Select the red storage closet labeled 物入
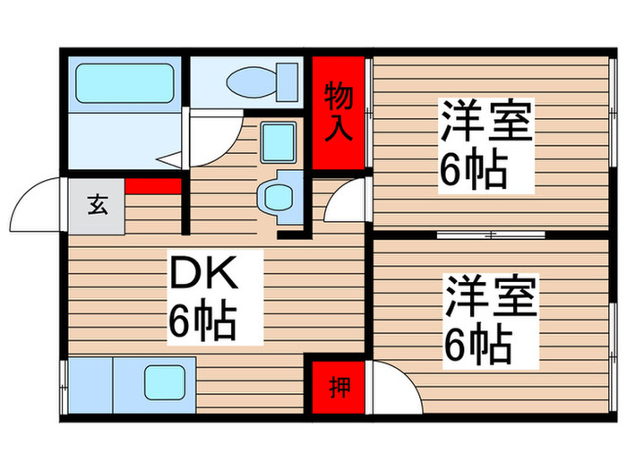coord(339,112)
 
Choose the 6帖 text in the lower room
coord(476,344)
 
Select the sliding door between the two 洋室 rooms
coord(491,235)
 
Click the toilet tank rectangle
coord(288,81)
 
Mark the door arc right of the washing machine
coord(345,202)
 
